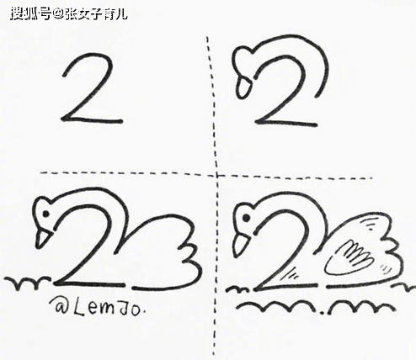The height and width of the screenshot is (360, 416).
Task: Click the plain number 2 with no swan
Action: pos(93,88)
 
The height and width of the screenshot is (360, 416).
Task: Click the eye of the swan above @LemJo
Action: pos(45,214)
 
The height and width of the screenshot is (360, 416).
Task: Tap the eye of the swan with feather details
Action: pos(246,218)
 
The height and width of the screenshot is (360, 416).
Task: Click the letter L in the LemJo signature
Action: pos(81,308)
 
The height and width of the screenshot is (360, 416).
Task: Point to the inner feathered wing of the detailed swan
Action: pos(348,257)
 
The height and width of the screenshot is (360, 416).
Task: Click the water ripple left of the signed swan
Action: pos(27,283)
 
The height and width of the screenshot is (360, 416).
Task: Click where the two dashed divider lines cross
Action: pos(216,176)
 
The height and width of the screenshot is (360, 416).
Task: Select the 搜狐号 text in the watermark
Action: pos(31,14)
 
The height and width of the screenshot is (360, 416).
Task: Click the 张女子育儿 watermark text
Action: pos(96,14)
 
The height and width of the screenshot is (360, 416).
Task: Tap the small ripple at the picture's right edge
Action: pos(404,287)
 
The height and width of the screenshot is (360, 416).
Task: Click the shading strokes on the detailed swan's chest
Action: pos(291,273)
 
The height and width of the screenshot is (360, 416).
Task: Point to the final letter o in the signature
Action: pos(135,310)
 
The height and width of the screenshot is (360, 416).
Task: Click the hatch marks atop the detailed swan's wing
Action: pos(368,224)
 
